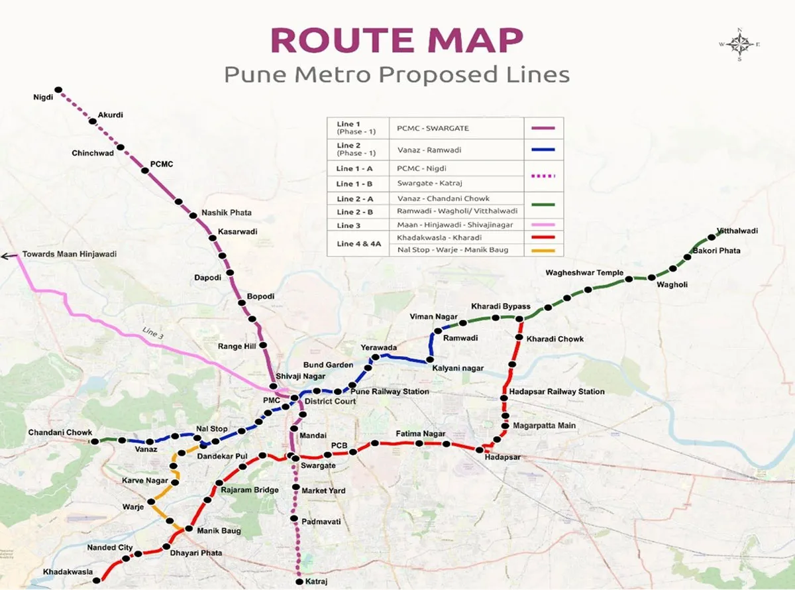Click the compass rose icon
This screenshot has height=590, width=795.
click(x=739, y=44)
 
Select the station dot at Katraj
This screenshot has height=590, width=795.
click(x=299, y=581)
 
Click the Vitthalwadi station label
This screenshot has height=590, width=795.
click(x=737, y=231)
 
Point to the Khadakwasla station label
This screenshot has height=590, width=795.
click(x=68, y=571)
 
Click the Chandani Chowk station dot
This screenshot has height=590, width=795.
click(x=95, y=441)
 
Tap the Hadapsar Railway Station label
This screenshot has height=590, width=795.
click(x=556, y=392)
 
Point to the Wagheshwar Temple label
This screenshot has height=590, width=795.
click(x=584, y=273)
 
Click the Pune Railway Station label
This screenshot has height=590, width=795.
click(x=389, y=392)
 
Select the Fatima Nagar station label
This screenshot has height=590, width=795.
click(x=420, y=434)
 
